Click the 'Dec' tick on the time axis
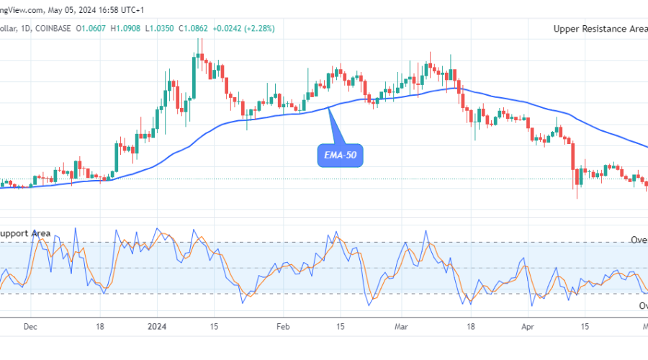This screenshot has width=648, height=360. [x=30, y=325]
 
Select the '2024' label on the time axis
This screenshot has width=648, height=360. [x=157, y=325]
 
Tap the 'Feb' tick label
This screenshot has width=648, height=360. [x=283, y=325]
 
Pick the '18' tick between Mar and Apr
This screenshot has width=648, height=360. [x=471, y=325]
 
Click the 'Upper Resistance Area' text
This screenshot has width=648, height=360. [x=600, y=29]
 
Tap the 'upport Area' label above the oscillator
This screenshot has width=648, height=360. [x=25, y=233]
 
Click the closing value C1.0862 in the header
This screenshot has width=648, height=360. [x=213, y=29]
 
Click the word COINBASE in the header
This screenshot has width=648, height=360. [x=54, y=29]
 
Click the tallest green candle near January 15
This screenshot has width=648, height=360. [x=194, y=75]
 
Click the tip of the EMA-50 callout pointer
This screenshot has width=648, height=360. [x=329, y=107]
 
